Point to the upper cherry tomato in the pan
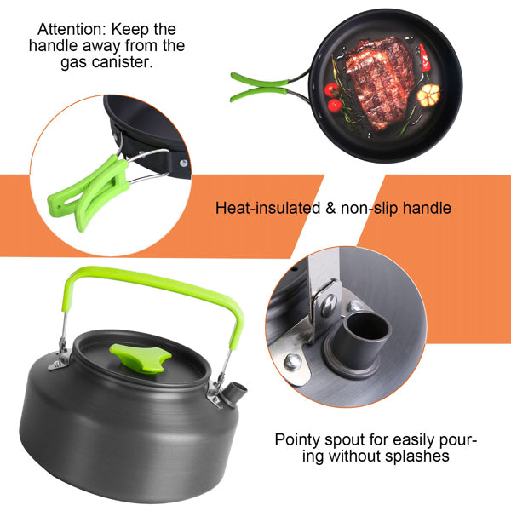[x=333, y=89]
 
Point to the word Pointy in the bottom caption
[x=297, y=440]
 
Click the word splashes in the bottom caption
[x=415, y=457]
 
